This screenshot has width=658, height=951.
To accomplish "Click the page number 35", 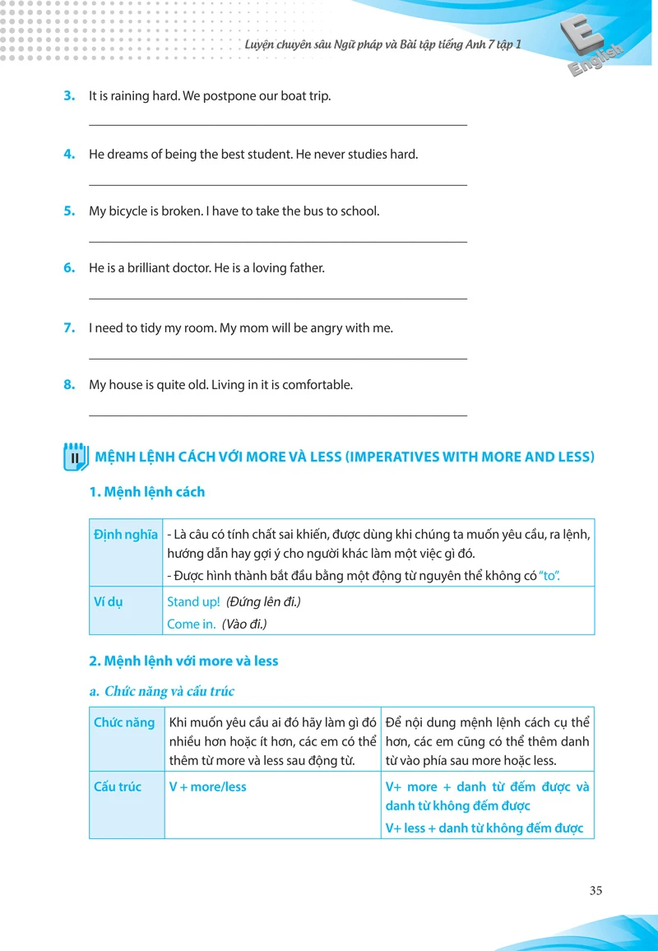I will point(596,890).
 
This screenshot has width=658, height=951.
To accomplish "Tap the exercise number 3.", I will point(69,95).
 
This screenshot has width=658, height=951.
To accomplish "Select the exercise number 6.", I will point(69,267).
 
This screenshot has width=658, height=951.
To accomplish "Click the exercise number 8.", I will point(69,384).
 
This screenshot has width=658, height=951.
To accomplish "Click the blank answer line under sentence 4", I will point(277,185).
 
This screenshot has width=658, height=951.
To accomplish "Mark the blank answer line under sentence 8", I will point(277,416).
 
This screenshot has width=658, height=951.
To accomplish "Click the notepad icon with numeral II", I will point(75,457).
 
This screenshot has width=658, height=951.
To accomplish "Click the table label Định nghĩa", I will point(126,535).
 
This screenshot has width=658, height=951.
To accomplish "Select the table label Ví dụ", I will point(108,601).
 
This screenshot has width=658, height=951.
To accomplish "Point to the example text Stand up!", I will point(193,602).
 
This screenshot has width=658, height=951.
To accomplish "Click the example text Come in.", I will point(191,624).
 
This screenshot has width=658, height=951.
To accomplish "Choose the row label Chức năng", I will point(124,722).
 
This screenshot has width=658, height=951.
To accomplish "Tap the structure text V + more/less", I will point(207,787).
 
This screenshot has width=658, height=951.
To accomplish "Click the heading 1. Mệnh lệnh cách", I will point(146,492).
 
